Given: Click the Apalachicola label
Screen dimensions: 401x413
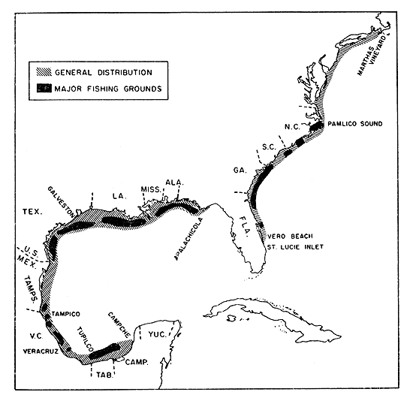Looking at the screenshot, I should (187, 239).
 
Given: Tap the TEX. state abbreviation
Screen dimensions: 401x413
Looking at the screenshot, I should (32, 213).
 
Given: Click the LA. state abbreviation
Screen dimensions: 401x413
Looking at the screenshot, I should (118, 195).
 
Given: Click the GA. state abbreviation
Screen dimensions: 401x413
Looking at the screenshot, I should (240, 170).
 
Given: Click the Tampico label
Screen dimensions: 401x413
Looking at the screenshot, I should (66, 312).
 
